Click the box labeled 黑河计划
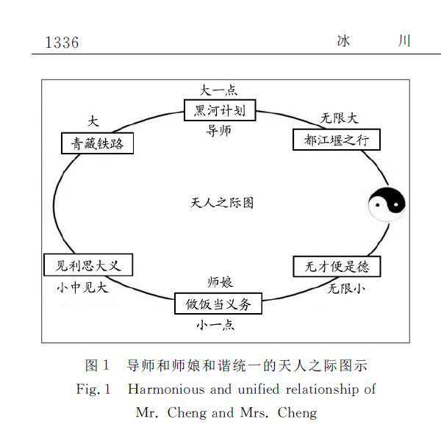point(220,110)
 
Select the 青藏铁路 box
point(97,143)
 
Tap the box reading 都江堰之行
point(337,140)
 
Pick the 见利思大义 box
point(88,265)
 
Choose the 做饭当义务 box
point(218,304)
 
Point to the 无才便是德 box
point(337,267)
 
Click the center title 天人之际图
point(222,203)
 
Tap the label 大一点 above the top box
point(218,90)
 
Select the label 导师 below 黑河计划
point(218,131)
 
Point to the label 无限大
point(340,118)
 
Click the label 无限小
point(346,289)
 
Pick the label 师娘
point(220,282)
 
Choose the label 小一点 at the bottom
point(215,325)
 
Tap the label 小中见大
point(82,287)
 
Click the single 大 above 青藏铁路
point(93,121)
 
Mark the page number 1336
point(62,43)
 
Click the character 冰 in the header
point(343,40)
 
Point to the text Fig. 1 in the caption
point(93,390)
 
